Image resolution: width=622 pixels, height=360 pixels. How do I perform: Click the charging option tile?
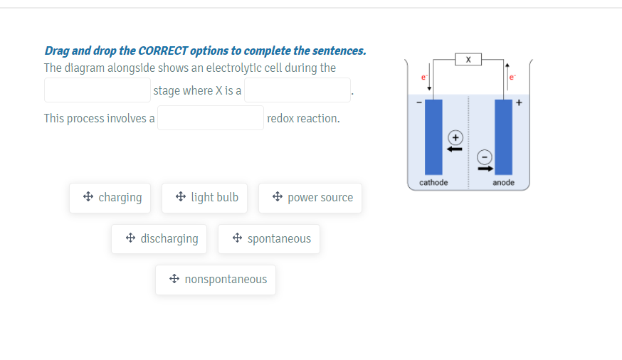point(110,198)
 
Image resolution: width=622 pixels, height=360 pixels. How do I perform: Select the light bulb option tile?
point(205,198)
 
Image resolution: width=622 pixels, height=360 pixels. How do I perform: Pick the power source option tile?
point(310,198)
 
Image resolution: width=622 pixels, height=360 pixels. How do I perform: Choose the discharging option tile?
point(159,239)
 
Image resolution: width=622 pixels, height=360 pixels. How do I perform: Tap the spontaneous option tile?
point(269,239)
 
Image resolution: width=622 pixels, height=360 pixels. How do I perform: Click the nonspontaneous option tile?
point(216,280)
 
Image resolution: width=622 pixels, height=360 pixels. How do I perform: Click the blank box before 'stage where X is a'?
point(97,90)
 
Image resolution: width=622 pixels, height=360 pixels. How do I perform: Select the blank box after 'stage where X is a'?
point(297,90)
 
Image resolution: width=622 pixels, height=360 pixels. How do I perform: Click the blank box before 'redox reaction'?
point(211,118)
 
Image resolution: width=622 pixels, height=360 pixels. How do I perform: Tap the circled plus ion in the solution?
point(455,137)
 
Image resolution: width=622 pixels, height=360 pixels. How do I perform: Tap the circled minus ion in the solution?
point(484,157)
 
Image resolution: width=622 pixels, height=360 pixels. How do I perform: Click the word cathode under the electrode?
point(433,183)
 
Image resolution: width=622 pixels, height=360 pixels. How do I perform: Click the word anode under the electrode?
point(503,183)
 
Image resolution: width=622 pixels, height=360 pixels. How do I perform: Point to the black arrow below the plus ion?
point(454,149)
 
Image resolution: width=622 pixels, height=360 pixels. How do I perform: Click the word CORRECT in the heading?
point(162,51)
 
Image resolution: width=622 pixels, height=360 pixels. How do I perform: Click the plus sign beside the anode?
point(519,102)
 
